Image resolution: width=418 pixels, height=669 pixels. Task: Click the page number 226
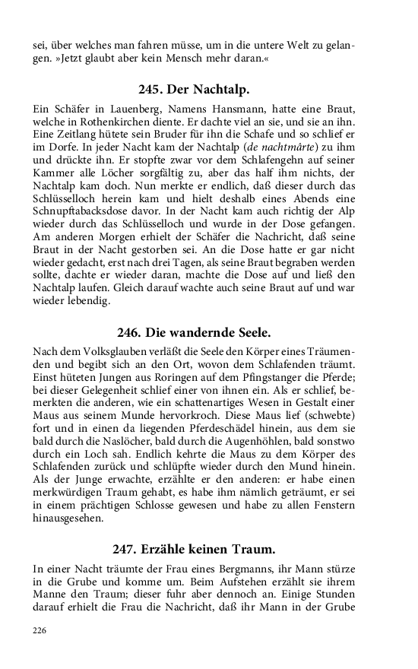coord(40,629)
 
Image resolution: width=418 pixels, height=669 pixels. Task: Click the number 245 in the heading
coord(151,90)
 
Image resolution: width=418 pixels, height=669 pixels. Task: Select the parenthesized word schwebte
coord(316,422)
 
